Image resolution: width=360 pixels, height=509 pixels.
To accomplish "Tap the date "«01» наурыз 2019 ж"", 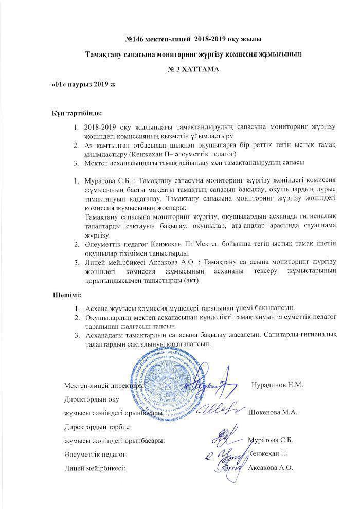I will point(84,84).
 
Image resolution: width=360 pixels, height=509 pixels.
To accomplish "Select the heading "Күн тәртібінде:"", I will point(77,113).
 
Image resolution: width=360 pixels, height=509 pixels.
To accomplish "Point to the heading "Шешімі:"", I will point(67,296).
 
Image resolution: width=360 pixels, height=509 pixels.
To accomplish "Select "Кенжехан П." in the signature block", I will point(267,453).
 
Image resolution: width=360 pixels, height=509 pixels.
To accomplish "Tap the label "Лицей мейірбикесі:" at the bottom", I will point(95,468).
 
